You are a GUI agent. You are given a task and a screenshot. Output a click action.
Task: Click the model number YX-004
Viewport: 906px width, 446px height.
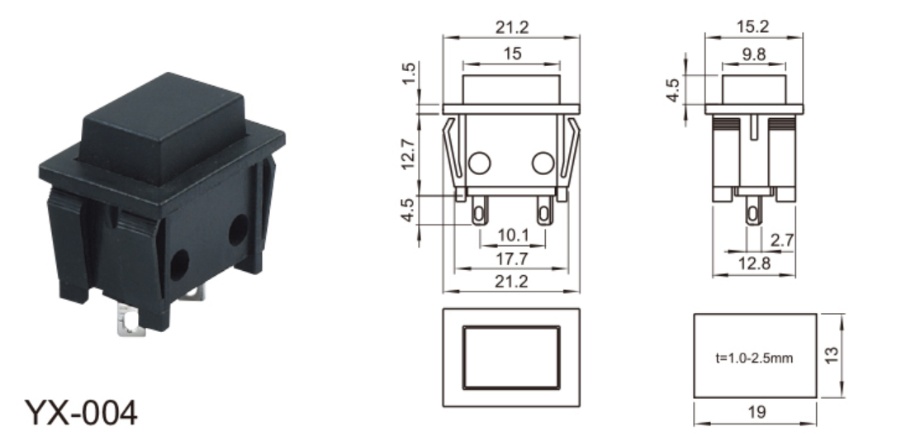point(81,412)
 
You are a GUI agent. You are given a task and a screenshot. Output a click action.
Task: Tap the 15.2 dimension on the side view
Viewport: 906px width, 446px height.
point(753,26)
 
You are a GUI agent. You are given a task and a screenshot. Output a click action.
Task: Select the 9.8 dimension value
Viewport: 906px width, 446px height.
point(753,55)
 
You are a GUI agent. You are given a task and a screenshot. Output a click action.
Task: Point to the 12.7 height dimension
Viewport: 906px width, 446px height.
point(407,154)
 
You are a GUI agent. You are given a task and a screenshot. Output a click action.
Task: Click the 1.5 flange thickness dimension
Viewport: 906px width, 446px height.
point(408,74)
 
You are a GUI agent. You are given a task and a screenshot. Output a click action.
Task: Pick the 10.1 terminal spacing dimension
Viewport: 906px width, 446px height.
point(513,235)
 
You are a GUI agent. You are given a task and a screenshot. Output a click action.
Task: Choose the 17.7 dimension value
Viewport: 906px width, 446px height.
point(512,259)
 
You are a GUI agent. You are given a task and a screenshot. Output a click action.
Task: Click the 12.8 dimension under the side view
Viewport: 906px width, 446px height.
point(754,263)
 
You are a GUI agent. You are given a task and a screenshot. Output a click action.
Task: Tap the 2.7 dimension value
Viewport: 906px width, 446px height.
point(782,240)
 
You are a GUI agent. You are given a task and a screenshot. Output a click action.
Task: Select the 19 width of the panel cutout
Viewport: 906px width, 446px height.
point(757,412)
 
